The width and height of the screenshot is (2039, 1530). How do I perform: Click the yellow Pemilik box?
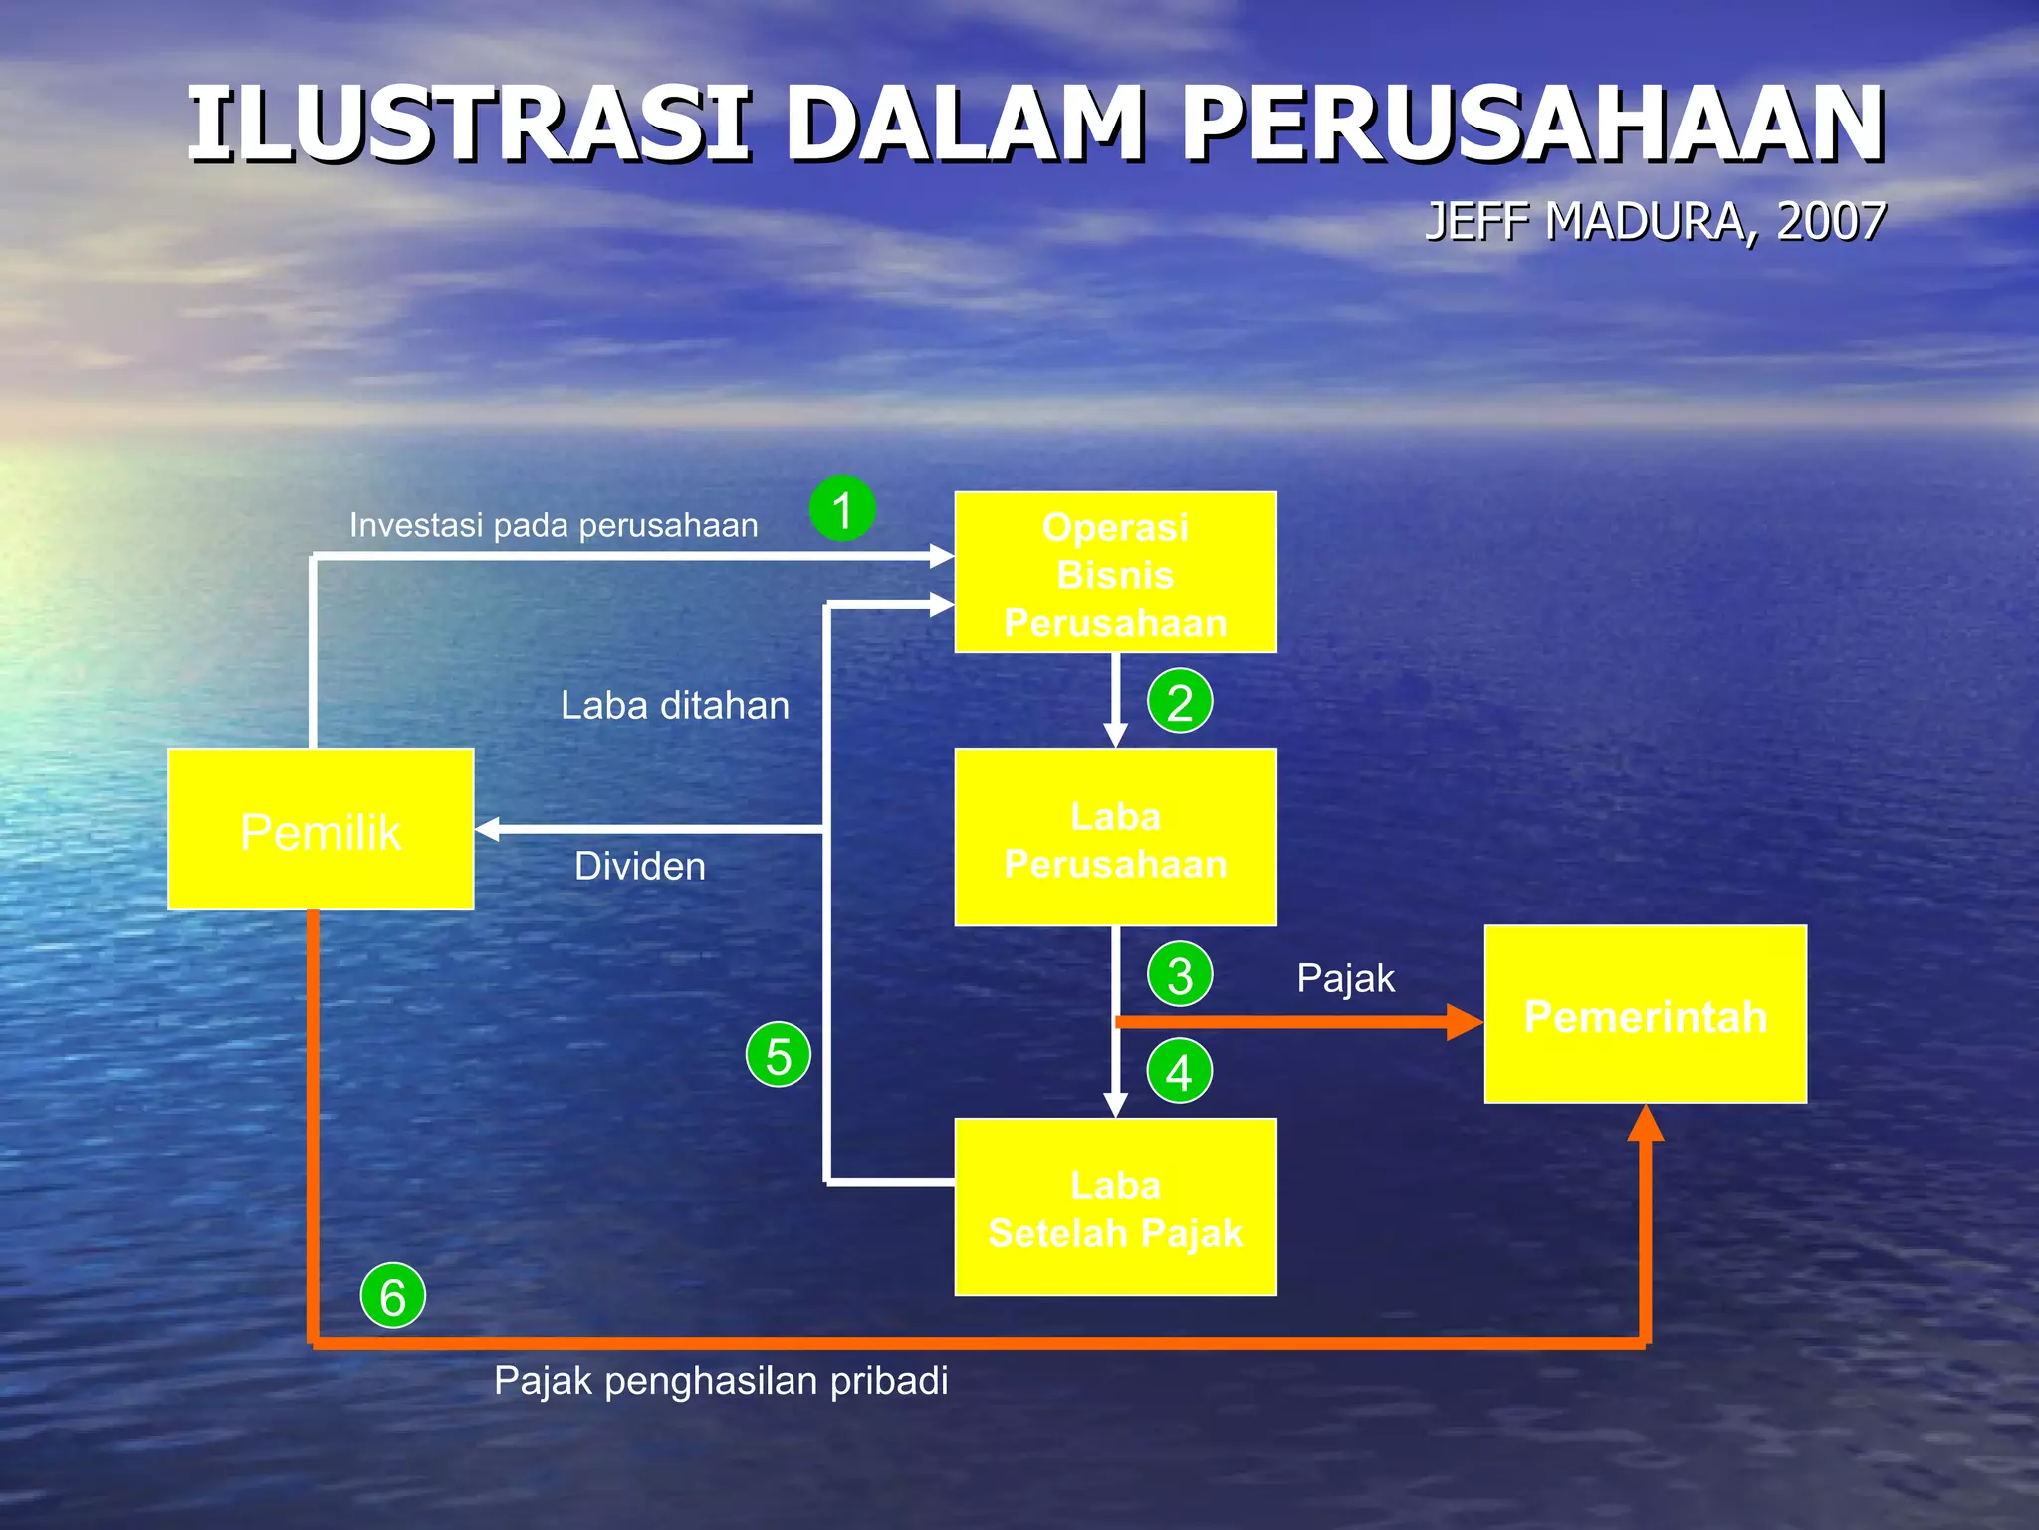(321, 830)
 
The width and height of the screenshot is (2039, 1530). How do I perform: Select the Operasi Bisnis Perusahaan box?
(1115, 573)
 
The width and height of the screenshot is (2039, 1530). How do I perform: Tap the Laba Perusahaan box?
(1115, 838)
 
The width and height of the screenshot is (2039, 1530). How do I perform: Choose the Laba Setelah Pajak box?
(1115, 1207)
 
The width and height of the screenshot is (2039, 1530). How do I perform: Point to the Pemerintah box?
(1645, 1014)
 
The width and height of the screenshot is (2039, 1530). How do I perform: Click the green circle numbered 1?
(842, 509)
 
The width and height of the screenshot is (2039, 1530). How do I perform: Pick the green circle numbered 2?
(1180, 701)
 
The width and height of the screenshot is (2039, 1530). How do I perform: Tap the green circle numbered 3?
(1180, 974)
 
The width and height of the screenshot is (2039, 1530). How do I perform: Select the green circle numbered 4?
(1180, 1071)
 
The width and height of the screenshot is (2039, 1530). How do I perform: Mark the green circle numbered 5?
(779, 1054)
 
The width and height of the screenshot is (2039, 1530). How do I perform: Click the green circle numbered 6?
(393, 1295)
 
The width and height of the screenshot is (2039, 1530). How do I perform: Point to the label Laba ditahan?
(675, 705)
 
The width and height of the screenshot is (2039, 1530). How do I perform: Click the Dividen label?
(640, 866)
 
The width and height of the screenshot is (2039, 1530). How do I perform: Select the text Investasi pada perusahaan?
(554, 525)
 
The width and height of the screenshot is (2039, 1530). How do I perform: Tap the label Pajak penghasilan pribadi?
(721, 1381)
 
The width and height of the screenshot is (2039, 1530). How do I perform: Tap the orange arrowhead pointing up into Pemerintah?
(1646, 1123)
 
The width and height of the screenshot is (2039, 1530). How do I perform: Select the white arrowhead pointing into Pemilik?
(488, 829)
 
